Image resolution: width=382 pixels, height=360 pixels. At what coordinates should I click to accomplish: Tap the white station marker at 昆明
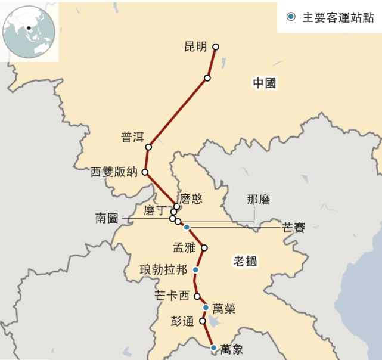216,46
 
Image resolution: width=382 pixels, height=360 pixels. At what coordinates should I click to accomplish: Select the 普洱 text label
133,138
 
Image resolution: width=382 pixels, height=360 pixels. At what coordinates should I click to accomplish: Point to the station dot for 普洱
148,147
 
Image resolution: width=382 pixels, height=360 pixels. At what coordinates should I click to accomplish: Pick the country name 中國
264,83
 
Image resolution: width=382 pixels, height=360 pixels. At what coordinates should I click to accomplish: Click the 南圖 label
107,219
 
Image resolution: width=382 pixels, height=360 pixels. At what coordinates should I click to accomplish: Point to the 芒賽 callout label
293,228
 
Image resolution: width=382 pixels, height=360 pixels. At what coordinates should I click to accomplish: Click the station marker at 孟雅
204,247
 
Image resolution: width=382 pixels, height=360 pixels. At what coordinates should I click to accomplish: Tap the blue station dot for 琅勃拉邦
195,270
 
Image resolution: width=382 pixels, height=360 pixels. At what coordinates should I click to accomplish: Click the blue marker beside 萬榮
206,308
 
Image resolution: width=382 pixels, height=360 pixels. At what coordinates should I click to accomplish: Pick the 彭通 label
182,321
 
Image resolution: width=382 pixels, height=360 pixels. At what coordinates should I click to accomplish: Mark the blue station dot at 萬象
213,347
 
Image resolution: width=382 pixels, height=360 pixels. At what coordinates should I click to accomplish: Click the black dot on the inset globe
28,27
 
